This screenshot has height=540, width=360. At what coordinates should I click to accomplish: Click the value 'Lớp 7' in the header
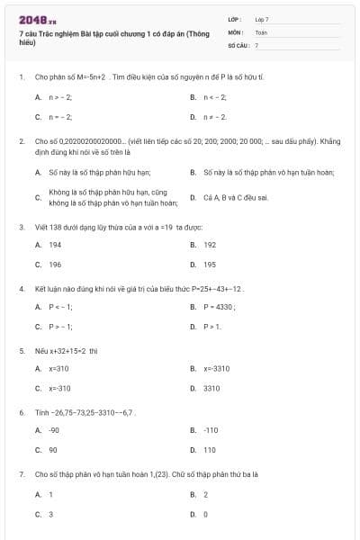point(262,19)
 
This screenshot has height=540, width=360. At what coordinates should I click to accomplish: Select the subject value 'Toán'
point(261,31)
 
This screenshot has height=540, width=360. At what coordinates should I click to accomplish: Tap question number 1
point(21,77)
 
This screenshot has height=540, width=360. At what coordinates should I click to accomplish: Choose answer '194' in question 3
point(55,245)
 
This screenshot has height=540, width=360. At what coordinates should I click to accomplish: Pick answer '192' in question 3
point(210,245)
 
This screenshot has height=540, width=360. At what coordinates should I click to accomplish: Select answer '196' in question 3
point(55,265)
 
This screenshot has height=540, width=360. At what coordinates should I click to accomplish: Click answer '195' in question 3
point(210,265)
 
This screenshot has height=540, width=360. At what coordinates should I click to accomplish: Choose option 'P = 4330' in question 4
point(220,307)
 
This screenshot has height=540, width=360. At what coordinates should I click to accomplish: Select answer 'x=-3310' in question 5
point(216,368)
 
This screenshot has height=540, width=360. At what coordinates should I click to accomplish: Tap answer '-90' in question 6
point(54,430)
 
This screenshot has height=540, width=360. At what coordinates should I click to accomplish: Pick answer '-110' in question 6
point(211,430)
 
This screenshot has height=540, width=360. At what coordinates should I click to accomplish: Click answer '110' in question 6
point(210,450)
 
